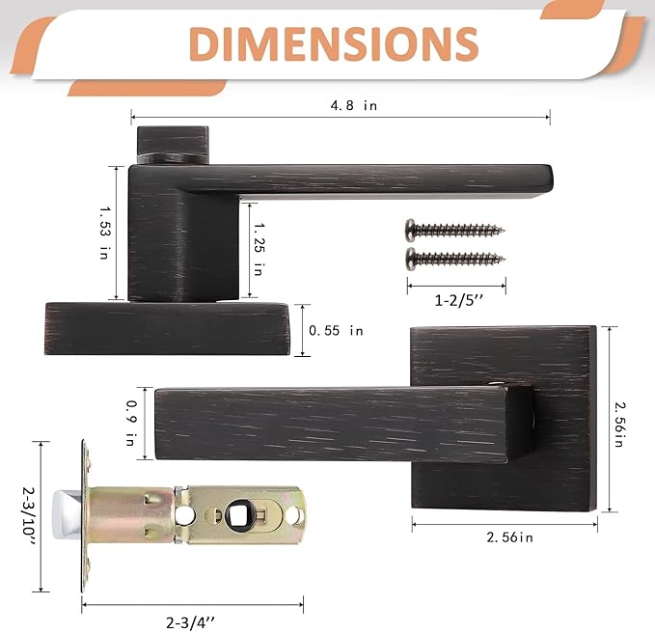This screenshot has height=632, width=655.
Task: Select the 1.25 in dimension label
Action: pos(258,245)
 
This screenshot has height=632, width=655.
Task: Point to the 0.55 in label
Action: pos(336,330)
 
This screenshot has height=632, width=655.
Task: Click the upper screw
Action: pos(454,230)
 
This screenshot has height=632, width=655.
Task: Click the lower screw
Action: pos(454,258)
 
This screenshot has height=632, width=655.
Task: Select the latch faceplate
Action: pos(84,515)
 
